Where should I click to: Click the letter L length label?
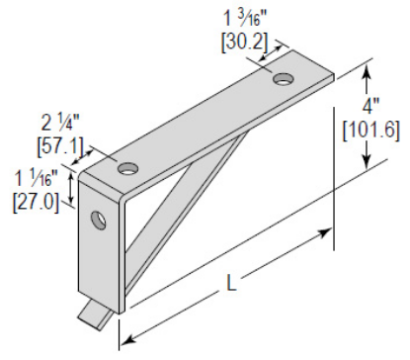tap(231, 285)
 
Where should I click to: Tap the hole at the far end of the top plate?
tap(285, 77)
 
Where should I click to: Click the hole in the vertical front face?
tap(99, 218)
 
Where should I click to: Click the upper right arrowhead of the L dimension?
tap(326, 233)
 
